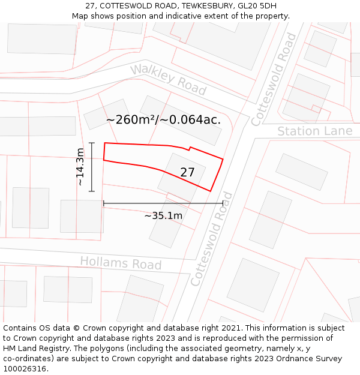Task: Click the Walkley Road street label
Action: tap(169, 79)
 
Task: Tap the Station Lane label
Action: tap(314, 131)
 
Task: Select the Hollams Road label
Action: tap(121, 263)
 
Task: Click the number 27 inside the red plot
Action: tap(187, 172)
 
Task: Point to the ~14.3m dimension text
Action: tap(80, 167)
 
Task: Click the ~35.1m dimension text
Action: tap(163, 215)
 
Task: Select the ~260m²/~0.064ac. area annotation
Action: tap(163, 119)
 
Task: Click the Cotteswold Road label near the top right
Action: tap(274, 79)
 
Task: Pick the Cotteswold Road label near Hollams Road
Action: tap(211, 239)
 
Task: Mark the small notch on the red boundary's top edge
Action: tap(190, 148)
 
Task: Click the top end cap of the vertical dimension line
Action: tap(92, 143)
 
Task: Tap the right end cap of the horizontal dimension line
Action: tap(223, 203)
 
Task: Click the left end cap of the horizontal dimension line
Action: tap(104, 203)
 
